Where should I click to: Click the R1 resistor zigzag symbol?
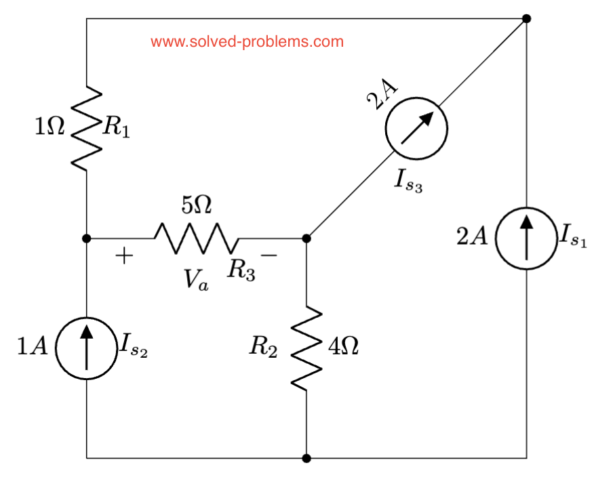pos(86,127)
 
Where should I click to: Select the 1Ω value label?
pos(50,127)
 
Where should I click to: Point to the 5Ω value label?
pos(197,205)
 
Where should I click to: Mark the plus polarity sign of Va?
pos(124,256)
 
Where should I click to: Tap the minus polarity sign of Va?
pos(269,255)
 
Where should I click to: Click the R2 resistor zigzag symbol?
pos(306,348)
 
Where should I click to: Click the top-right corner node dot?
pos(526,19)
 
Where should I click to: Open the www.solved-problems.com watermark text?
pos(247,42)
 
